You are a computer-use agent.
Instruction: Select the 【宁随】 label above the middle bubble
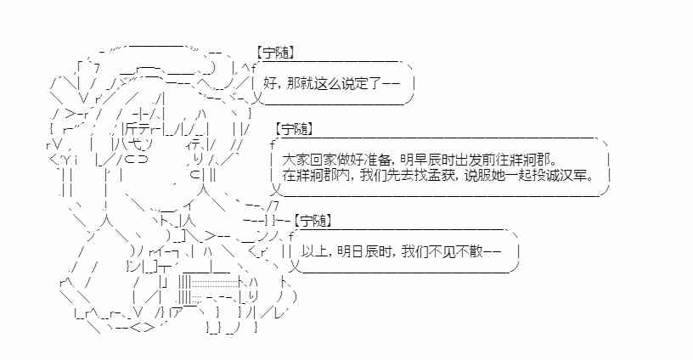point(294,129)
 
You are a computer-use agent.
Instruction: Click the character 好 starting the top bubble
point(271,83)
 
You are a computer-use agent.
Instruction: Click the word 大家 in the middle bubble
point(294,160)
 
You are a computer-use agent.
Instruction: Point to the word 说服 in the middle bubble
point(484,176)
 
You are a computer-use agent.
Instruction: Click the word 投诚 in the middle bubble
point(548,176)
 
